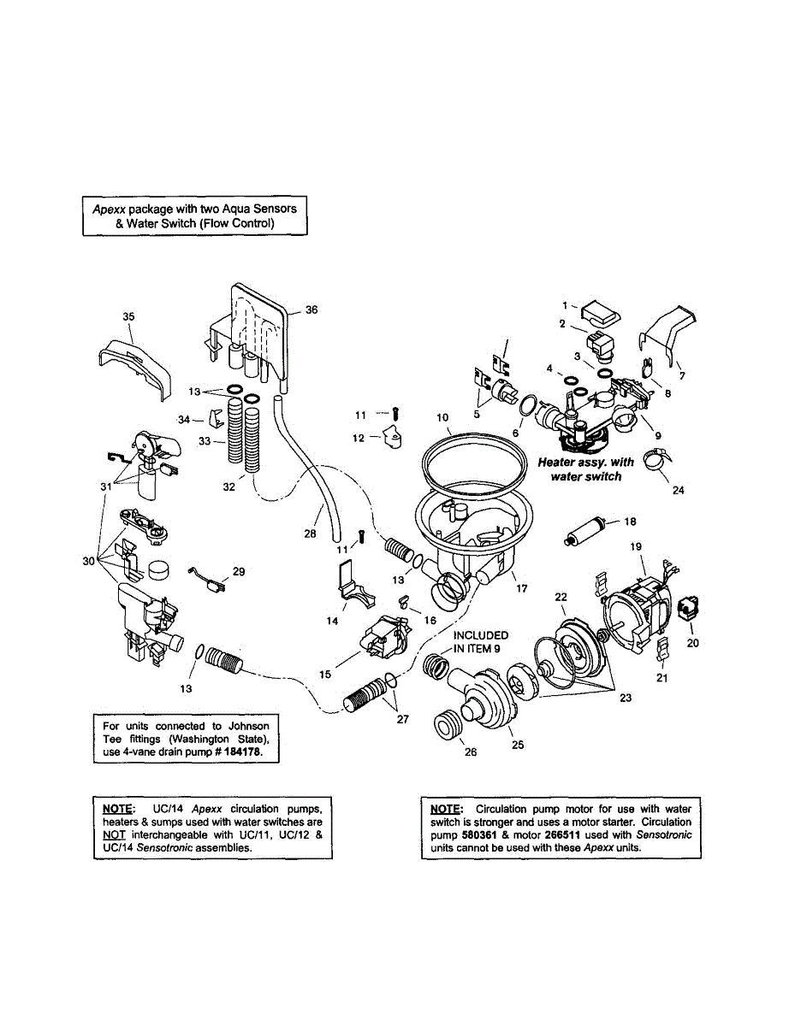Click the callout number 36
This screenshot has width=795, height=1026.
pyautogui.click(x=311, y=310)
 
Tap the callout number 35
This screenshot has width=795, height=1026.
pyautogui.click(x=128, y=317)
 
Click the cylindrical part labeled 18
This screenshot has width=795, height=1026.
pyautogui.click(x=586, y=529)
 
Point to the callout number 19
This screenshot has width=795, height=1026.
pyautogui.click(x=636, y=545)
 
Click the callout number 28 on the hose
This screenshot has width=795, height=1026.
pyautogui.click(x=310, y=533)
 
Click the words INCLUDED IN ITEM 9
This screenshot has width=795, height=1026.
pyautogui.click(x=480, y=641)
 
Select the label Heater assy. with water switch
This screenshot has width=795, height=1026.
pyautogui.click(x=586, y=469)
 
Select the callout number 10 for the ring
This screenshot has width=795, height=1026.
pyautogui.click(x=442, y=418)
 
